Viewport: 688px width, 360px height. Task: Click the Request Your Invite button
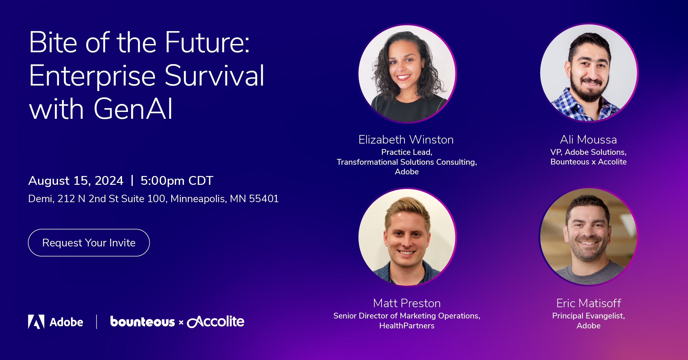[x=89, y=243]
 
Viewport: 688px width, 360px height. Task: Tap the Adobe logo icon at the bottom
[x=36, y=321]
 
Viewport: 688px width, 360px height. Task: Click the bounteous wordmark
[x=142, y=322]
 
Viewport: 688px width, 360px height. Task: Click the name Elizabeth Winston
[x=406, y=140]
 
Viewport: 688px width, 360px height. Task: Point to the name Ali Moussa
[x=588, y=140]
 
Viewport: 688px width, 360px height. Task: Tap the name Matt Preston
[x=407, y=303]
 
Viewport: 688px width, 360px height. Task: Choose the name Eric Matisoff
[x=589, y=303]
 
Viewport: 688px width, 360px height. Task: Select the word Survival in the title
[x=214, y=76]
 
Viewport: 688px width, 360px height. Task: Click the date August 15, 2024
[x=76, y=181]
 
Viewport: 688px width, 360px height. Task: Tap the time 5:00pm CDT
[x=177, y=181]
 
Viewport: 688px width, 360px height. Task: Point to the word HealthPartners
[x=407, y=326]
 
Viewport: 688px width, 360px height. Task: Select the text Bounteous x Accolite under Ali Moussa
[x=588, y=162]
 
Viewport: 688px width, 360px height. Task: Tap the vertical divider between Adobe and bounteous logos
[x=97, y=322]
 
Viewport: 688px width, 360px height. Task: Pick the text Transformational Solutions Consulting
[x=406, y=162]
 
